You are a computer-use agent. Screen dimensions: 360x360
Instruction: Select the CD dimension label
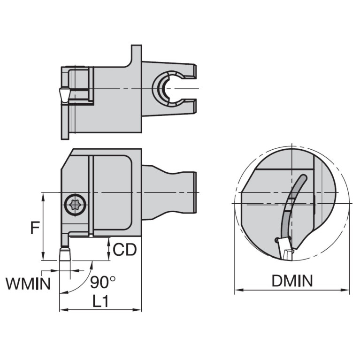coord(125,249)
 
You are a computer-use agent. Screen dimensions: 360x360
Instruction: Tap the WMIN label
coord(28,283)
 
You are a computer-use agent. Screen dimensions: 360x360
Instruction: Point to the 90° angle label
coord(103,282)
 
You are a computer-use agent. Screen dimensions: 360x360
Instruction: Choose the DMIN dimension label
coord(291,281)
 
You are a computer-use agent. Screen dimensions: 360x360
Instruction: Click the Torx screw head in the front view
coord(74,205)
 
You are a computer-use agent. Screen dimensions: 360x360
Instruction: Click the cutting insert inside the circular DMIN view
coord(284,249)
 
